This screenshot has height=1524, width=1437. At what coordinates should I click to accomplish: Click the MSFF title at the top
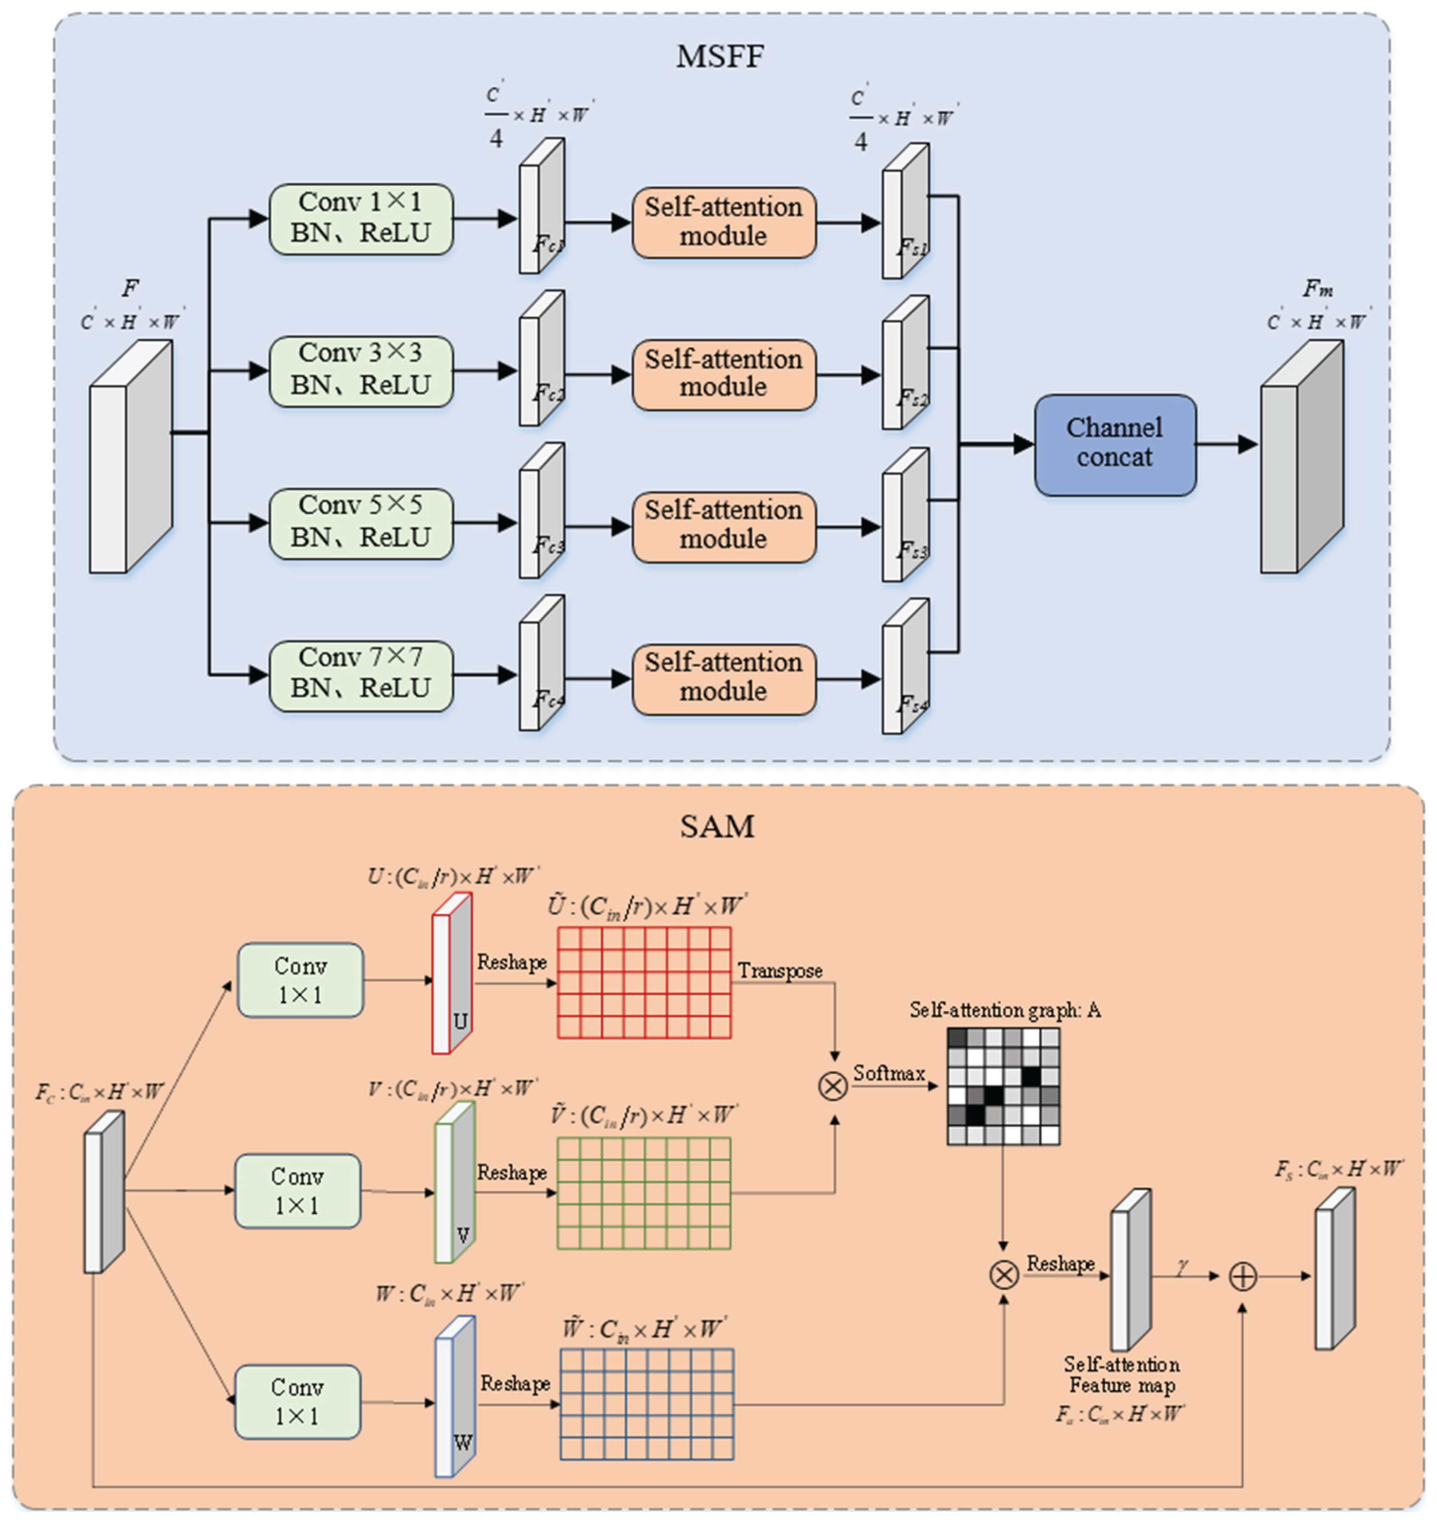[x=719, y=56]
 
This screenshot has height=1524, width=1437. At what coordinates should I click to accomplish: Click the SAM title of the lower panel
[x=717, y=826]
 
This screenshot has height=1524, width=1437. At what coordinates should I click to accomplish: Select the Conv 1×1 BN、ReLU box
[x=360, y=219]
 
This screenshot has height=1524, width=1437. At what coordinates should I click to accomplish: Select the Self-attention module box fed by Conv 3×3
[x=723, y=373]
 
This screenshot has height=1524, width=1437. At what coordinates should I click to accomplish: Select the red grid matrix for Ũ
[x=644, y=983]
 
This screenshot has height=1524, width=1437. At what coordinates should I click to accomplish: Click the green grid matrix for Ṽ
[x=644, y=1193]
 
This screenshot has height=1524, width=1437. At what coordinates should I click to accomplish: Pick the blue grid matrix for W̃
[x=647, y=1404]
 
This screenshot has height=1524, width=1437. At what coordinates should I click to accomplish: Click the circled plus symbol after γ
[x=1242, y=1276]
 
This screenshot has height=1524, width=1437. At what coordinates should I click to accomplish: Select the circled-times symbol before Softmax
[x=833, y=1085]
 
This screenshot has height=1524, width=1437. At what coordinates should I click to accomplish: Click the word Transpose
[x=780, y=971]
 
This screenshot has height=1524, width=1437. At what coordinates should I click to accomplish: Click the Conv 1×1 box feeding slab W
[x=298, y=1402]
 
